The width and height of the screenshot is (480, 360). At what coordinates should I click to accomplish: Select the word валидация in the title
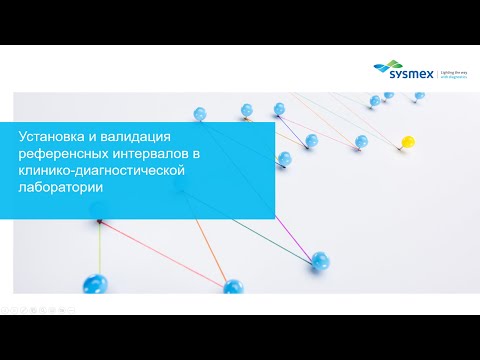(149, 137)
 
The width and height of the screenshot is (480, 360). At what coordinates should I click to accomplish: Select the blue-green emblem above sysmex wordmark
(385, 61)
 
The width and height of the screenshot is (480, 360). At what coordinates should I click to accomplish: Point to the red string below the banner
(170, 253)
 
